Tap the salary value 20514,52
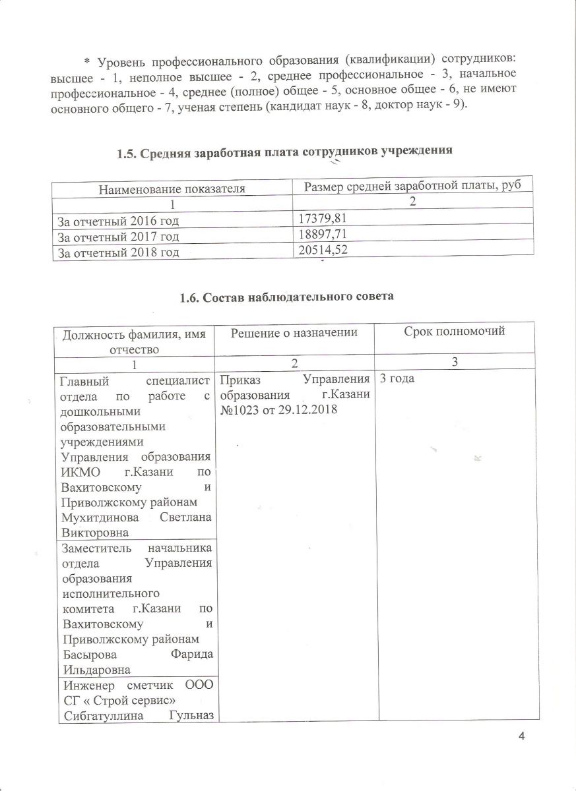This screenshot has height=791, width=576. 321,249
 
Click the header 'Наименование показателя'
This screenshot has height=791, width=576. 172,189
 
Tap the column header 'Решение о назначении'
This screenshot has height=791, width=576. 294,333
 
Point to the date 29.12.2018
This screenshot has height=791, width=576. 309,409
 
